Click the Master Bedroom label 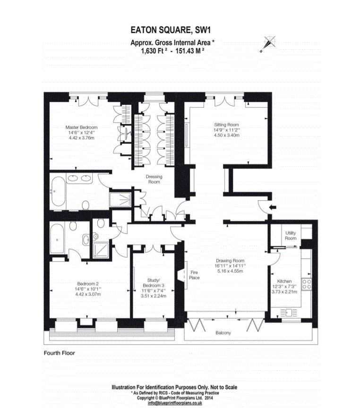[82, 127]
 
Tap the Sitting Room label [227, 125]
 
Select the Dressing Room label [154, 179]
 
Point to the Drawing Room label [230, 261]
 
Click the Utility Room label [291, 235]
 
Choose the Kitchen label [285, 281]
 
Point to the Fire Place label [194, 275]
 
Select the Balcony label [223, 333]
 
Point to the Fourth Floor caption [59, 353]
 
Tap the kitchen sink [288, 312]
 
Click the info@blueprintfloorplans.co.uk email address [174, 403]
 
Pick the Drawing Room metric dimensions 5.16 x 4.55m [230, 271]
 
